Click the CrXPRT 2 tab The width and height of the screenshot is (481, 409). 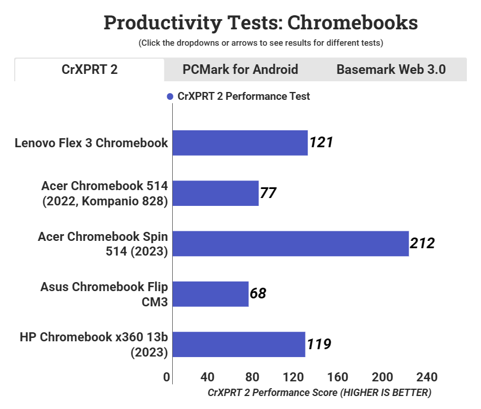[89, 69]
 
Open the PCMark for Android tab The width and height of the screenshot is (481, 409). [240, 69]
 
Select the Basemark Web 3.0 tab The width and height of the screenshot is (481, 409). [391, 69]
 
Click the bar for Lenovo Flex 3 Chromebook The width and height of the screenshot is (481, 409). [240, 143]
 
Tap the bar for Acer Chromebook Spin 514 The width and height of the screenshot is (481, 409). [290, 243]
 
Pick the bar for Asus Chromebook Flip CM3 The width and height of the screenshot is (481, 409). [210, 293]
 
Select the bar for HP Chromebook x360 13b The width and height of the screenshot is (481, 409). [238, 344]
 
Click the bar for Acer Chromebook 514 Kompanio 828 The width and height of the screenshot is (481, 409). [215, 193]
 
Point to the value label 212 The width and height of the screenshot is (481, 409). [422, 244]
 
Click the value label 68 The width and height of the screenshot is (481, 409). [257, 293]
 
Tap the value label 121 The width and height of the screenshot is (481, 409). [321, 143]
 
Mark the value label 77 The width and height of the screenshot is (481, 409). [268, 193]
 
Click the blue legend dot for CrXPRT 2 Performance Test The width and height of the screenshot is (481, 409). [169, 96]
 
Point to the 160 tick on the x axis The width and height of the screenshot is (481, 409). [338, 377]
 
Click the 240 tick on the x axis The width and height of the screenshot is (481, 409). [426, 377]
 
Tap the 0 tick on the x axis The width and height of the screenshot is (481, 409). [167, 377]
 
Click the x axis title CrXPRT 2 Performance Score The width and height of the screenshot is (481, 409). [320, 392]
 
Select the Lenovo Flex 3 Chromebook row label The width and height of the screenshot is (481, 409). [91, 143]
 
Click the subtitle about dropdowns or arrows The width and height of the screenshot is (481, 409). [261, 43]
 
